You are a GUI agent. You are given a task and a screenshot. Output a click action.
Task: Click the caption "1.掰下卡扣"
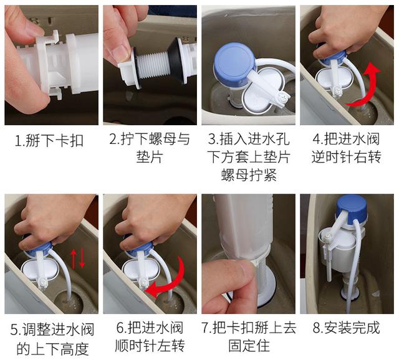pos(49,140)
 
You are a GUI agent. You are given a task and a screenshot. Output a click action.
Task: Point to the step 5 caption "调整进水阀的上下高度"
pos(49,338)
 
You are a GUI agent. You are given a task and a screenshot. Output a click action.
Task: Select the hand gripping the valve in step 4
pos(343,31)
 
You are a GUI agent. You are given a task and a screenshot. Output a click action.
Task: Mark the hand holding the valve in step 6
pos(156,218)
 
